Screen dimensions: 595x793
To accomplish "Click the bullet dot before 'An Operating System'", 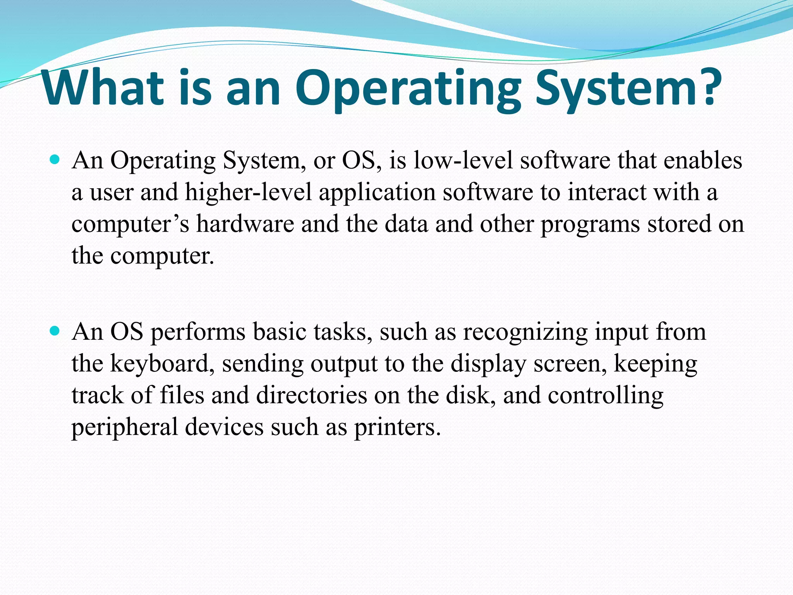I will click(55, 159).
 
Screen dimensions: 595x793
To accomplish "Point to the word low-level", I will click(463, 160).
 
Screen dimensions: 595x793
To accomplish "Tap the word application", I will click(377, 193).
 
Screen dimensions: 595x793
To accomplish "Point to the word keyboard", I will click(162, 364).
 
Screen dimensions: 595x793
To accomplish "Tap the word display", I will click(488, 364).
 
